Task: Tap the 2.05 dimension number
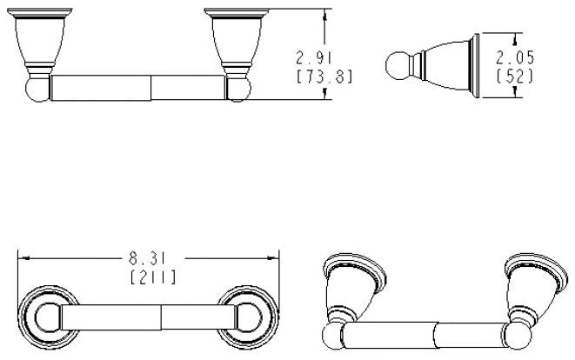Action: point(515,58)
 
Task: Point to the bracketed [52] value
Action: point(515,76)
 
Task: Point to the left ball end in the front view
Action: point(32,88)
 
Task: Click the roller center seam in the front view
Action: point(152,89)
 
